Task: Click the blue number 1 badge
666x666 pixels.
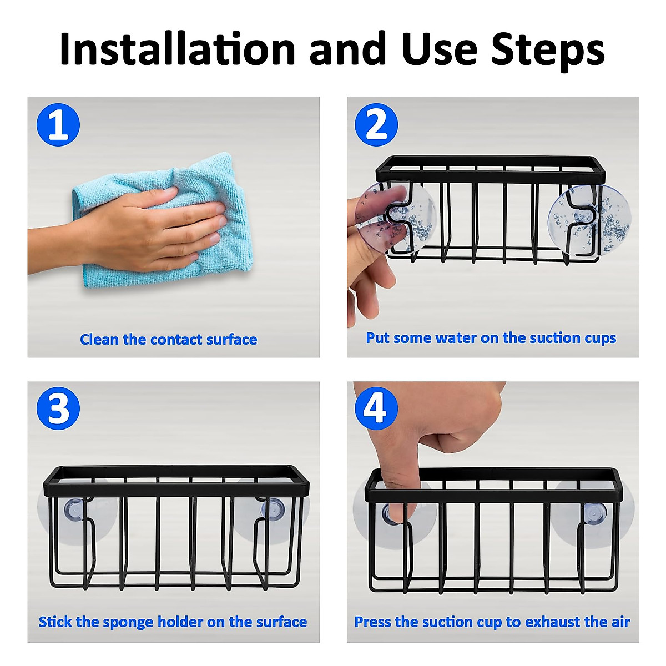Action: click(x=58, y=124)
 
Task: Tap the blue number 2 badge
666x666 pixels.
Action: click(x=376, y=124)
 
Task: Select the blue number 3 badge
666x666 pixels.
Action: click(x=58, y=408)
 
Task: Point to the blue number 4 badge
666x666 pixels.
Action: click(x=376, y=408)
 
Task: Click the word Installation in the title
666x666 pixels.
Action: click(x=177, y=48)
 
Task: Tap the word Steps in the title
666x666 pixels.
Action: click(x=548, y=51)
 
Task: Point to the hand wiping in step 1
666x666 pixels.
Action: click(x=128, y=230)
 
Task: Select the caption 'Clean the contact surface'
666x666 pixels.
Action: click(x=168, y=340)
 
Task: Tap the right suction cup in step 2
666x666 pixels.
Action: click(x=589, y=219)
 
